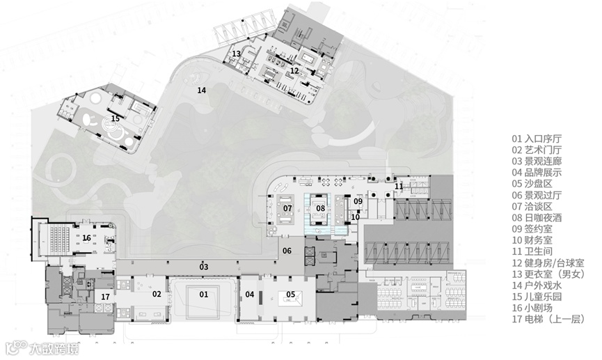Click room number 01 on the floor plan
tap(203, 295)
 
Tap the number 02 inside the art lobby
tap(157, 295)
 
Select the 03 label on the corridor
tap(203, 267)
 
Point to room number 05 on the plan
tap(291, 295)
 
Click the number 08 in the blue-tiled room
tap(321, 208)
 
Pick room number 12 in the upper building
tap(294, 71)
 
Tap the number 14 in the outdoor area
tap(202, 91)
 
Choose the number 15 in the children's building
tap(115, 118)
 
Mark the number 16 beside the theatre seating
tap(87, 238)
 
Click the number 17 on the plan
tap(106, 297)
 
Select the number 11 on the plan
tap(399, 187)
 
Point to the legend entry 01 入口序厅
tap(537, 139)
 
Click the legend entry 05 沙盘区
tap(532, 184)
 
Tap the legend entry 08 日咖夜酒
tap(537, 218)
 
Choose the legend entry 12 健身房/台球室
tap(548, 263)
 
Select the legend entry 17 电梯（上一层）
tap(548, 319)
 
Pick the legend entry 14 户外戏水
tap(537, 285)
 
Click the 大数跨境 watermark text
tap(54, 348)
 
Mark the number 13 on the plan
tap(236, 54)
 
